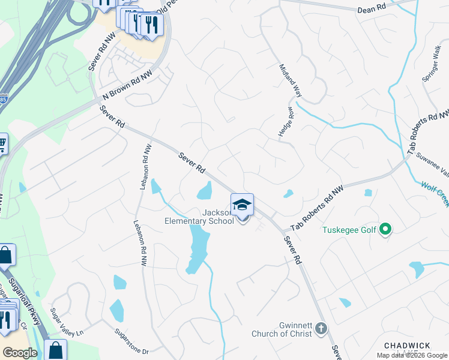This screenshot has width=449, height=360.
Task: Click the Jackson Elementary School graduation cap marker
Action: (242, 205)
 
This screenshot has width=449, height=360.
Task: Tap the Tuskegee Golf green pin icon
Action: (387, 229)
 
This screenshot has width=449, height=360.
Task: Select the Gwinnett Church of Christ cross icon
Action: (321, 329)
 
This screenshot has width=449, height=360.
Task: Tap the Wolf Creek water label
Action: (435, 194)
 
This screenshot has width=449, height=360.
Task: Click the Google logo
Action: (20, 353)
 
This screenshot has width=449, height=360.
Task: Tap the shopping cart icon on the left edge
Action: (2, 144)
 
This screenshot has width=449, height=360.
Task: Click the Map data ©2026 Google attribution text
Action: (412, 355)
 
